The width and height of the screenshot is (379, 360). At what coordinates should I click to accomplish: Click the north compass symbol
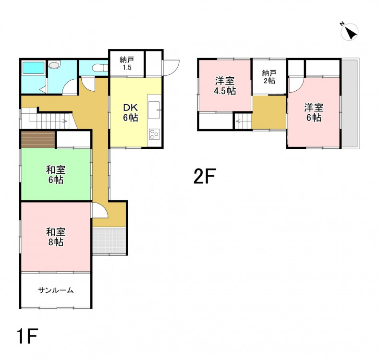[x=349, y=32]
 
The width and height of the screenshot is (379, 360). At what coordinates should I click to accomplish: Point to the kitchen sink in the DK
[x=154, y=110]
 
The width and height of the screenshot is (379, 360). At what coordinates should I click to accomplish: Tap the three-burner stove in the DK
[x=154, y=134]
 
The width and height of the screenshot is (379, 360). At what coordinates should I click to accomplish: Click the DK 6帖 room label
[x=131, y=112]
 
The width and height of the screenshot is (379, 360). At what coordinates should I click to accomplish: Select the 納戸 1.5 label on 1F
[x=127, y=63]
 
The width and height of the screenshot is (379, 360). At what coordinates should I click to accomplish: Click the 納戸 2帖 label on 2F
[x=269, y=77]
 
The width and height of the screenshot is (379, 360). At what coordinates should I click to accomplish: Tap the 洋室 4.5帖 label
[x=225, y=86]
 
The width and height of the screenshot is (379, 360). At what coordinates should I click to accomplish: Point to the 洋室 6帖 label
[x=314, y=112]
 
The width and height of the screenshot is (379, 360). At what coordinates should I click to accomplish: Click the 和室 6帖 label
[x=56, y=175]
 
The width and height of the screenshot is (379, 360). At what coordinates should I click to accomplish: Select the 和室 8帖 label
[x=56, y=237]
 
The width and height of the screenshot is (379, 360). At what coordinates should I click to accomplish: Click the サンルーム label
[x=56, y=290]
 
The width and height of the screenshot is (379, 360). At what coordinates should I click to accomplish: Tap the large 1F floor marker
[x=27, y=336]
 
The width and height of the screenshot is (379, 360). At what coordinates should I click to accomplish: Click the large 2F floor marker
[x=205, y=176]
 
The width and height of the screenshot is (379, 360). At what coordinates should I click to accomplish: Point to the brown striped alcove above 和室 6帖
[x=38, y=139]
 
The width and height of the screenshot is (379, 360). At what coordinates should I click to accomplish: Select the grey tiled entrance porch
[x=109, y=240]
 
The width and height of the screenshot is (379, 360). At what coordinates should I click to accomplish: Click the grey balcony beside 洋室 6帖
[x=349, y=103]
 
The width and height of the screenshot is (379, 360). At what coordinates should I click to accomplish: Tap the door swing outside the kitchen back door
[x=171, y=68]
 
